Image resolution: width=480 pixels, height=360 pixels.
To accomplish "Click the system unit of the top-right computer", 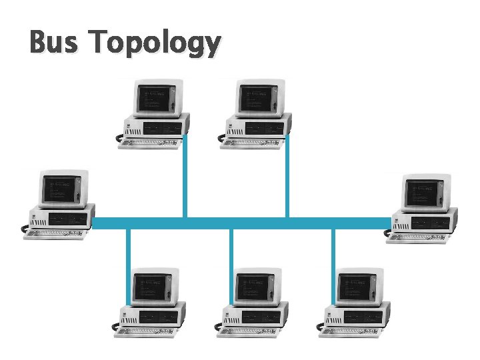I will click(x=258, y=127).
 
